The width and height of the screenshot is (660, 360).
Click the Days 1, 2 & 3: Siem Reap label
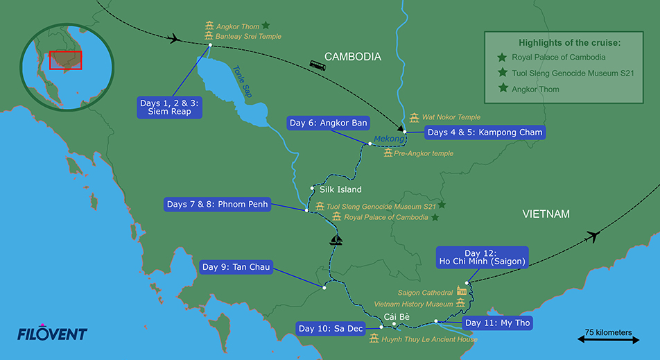point(169,108)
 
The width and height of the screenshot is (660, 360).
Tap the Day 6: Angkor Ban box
point(328,123)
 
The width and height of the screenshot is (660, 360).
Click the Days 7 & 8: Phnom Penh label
point(216,205)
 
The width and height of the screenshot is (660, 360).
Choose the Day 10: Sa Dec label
point(329,328)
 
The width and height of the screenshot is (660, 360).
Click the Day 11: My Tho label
point(498,323)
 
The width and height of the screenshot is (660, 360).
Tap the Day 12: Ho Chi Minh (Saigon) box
point(482,257)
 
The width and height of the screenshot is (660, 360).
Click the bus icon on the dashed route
point(318,65)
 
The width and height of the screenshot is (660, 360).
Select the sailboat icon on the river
point(336,240)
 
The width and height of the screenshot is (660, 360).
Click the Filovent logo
point(52,334)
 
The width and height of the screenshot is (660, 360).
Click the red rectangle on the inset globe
point(66,60)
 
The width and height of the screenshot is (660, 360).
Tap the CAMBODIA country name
point(353,57)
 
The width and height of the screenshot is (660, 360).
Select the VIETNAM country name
point(546,214)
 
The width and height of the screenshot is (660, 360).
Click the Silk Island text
point(340,189)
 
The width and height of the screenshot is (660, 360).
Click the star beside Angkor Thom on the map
point(266,26)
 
